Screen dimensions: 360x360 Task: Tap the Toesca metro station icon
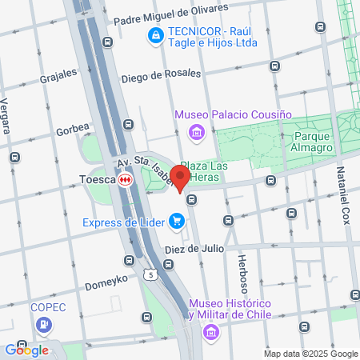(125, 180)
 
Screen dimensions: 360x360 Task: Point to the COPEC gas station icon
(43, 325)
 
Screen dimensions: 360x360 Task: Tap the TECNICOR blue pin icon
(154, 35)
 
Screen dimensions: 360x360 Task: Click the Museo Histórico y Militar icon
(211, 330)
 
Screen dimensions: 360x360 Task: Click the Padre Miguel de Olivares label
(170, 14)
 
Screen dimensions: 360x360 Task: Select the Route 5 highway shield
(150, 274)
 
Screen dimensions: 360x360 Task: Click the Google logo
(26, 349)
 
